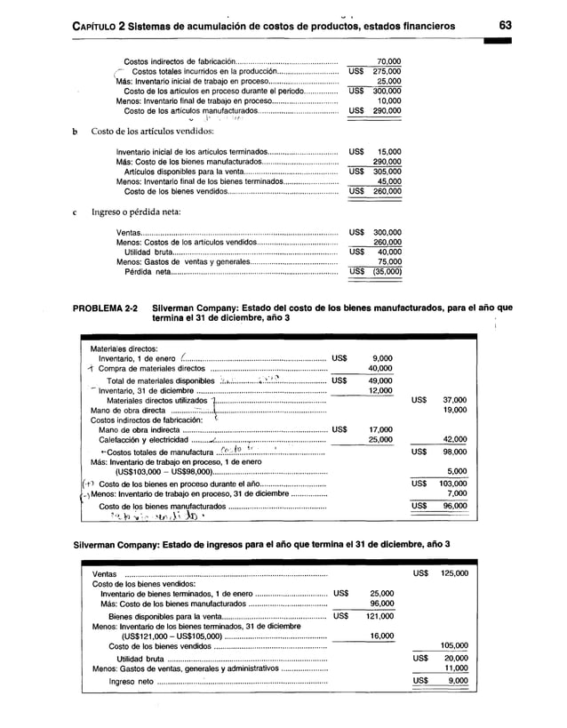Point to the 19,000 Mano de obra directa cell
tap(454, 410)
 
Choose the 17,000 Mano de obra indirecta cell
tap(379, 429)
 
